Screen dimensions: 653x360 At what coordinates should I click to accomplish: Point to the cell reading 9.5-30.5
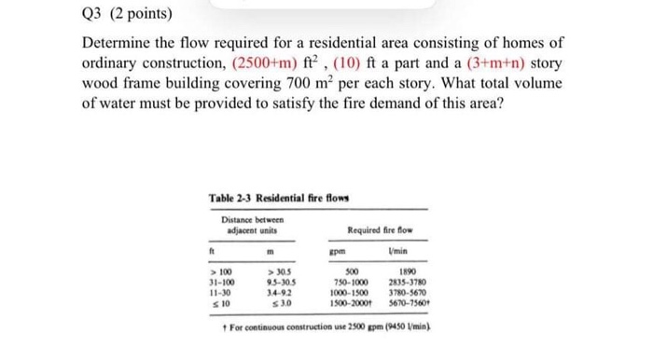271,280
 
